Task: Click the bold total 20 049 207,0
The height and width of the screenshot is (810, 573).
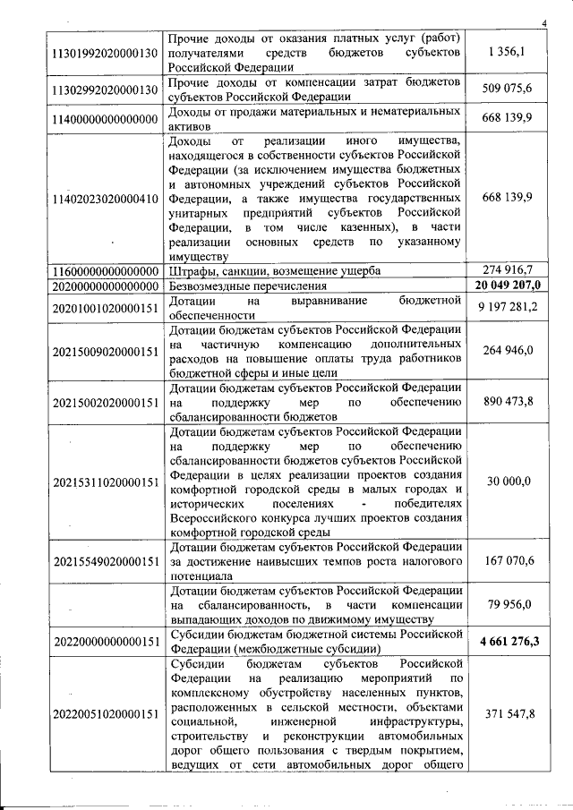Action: pyautogui.click(x=505, y=285)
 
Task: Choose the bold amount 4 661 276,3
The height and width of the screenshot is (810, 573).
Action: pyautogui.click(x=505, y=641)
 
